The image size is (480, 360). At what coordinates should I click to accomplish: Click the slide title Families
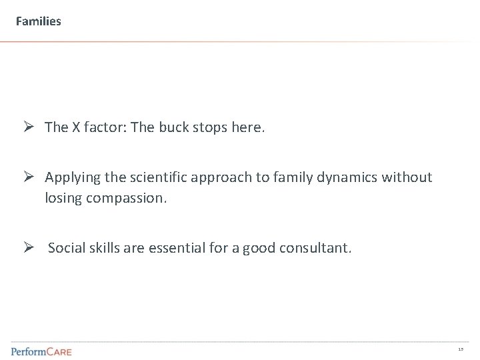(39, 21)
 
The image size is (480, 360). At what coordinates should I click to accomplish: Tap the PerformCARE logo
(41, 351)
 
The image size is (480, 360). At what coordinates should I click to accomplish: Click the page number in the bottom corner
(461, 349)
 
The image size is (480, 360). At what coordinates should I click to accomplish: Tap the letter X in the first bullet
(73, 127)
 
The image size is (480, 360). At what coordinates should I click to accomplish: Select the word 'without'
(408, 177)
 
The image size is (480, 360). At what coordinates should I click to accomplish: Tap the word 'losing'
(63, 199)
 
